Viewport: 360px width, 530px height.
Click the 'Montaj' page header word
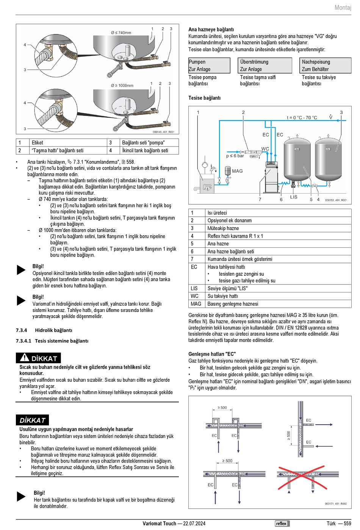[x=343, y=8]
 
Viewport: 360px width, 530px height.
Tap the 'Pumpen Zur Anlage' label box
[x=209, y=66]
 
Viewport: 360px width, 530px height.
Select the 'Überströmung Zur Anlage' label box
[x=266, y=66]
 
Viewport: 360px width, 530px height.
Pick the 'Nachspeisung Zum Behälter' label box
[x=326, y=66]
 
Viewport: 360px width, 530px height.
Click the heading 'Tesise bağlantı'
[x=204, y=98]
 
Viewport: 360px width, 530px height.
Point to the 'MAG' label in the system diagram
[x=237, y=171]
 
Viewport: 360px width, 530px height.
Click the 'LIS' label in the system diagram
[x=294, y=197]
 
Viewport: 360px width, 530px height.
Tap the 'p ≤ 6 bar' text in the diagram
[x=235, y=156]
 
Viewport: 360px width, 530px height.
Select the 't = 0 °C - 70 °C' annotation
[x=302, y=118]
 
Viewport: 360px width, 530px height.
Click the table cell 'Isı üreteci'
[x=217, y=213]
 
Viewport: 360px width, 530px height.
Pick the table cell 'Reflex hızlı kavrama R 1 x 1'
[x=235, y=236]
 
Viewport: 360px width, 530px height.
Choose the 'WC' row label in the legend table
[x=194, y=296]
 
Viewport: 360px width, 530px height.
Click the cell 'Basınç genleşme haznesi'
[x=233, y=304]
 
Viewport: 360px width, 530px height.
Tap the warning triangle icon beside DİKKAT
[x=25, y=357]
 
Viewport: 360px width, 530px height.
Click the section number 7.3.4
[x=21, y=330]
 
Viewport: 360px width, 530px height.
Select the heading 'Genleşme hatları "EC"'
[x=212, y=354]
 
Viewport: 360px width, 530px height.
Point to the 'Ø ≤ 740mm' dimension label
[x=121, y=33]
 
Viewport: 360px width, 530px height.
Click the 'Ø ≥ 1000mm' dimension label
[x=122, y=86]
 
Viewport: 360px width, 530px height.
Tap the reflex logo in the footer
[x=282, y=524]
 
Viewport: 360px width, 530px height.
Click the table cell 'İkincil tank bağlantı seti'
[x=145, y=150]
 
